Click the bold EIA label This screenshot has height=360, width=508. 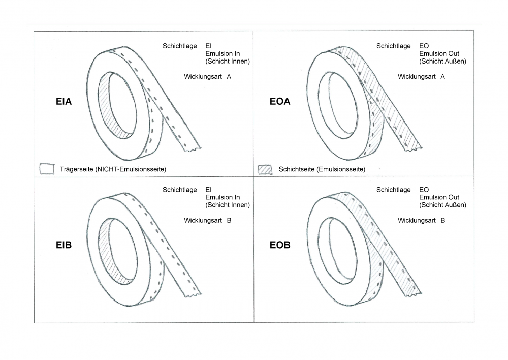[x=63, y=102]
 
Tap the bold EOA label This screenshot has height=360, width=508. [x=280, y=102]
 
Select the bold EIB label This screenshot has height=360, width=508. [x=63, y=245]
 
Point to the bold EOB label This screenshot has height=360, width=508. [x=280, y=245]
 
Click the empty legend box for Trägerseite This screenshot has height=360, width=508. [x=47, y=169]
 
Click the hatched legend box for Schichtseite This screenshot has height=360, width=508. [x=265, y=170]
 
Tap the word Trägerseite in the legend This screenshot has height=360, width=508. [x=77, y=169]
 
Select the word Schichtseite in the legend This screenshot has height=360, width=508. [x=297, y=169]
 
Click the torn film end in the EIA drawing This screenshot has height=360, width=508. [x=193, y=149]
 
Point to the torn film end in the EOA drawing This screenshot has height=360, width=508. [x=413, y=148]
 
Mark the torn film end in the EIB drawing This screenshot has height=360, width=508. [x=193, y=294]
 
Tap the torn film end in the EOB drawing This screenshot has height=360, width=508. [x=413, y=294]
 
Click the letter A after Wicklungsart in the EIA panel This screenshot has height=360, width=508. [x=229, y=77]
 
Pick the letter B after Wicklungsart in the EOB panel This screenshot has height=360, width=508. [x=442, y=221]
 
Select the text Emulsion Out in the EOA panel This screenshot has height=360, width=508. [x=439, y=53]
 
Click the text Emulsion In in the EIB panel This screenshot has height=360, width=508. [x=223, y=197]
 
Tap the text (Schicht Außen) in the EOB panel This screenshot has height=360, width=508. [x=442, y=205]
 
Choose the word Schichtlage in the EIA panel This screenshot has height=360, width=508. [x=180, y=46]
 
